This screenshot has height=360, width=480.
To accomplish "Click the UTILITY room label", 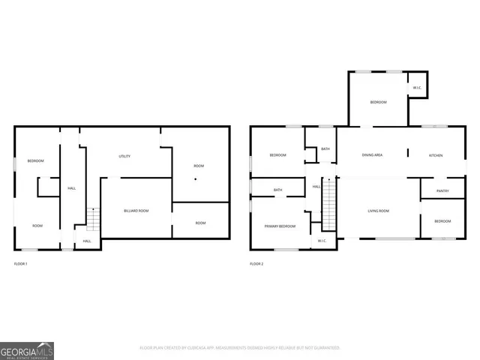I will coord(124,156).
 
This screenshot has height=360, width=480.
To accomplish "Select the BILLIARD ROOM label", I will coord(136,211).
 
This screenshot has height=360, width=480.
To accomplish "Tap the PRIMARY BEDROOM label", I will coord(279,226).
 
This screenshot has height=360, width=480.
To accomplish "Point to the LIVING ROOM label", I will coord(378,211).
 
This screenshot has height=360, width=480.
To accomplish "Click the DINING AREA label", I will coord(372,155).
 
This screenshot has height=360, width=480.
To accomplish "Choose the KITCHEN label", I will coord(435,155).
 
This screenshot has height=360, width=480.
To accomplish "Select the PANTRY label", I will coord(442,190).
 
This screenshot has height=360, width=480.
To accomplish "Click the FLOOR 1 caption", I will coord(22,264).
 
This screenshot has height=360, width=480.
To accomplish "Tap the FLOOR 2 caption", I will coord(257,264).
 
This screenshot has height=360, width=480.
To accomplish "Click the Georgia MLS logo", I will coord(27,350).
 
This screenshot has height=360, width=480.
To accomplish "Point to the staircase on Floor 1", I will coord(93,219).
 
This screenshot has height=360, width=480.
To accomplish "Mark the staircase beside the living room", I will coord(329,205).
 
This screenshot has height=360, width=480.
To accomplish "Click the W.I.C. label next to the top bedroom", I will coord(416,88).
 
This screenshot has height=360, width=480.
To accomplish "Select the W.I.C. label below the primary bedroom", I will coord(321,241).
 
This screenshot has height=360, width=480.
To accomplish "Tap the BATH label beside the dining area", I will coord(325,149).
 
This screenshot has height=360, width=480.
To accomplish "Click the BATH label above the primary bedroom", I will coord(277,190).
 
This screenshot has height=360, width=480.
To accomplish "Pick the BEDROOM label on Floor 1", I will coord(35,161).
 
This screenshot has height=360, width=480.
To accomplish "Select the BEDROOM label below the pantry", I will coord(442,221).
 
